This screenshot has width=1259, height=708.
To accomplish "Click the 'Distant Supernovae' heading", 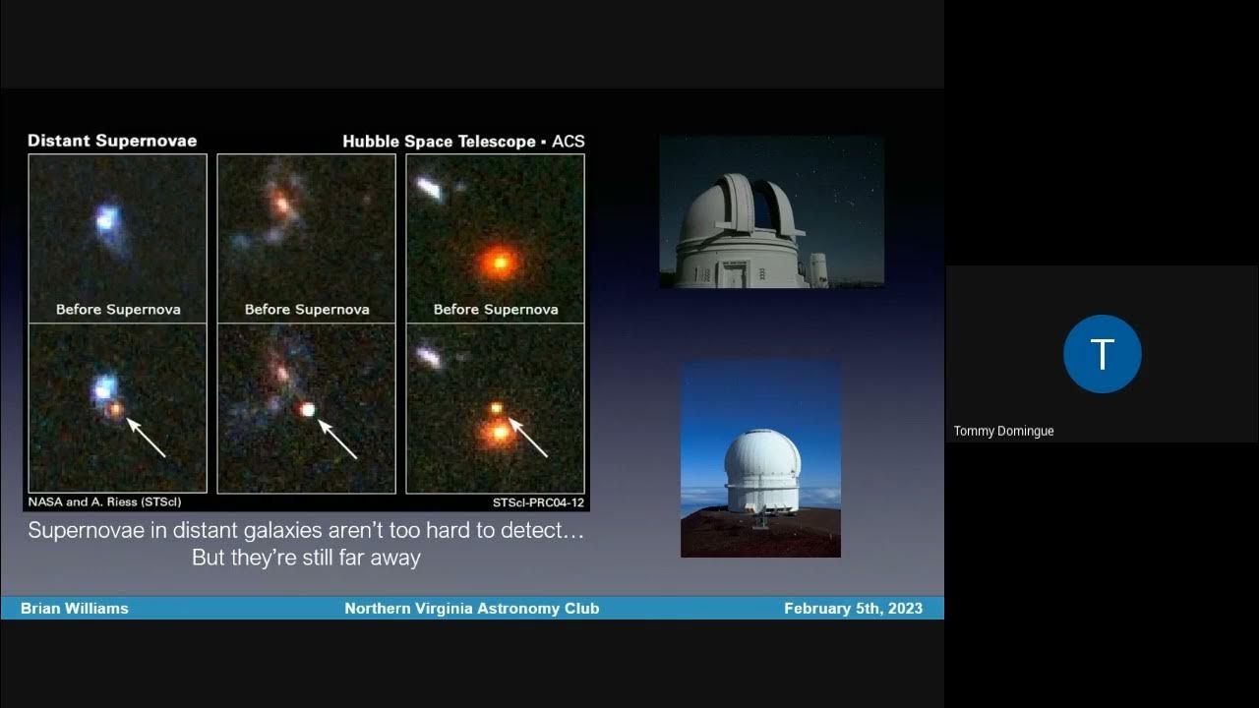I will pos(112,141).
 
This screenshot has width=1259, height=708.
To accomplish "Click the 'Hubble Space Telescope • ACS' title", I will pos(463,142).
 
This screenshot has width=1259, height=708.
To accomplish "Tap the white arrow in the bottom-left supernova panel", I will pos(146,438).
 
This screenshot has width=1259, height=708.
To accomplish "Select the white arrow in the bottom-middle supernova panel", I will pos(337,439).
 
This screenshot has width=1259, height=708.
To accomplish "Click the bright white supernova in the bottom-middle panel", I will pos(308,409).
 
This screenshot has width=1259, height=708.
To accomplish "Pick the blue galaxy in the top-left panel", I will pos(107,220).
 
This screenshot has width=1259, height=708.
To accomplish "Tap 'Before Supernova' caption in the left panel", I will pos(118,309).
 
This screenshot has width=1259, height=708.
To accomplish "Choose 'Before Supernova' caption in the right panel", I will pos(496,309).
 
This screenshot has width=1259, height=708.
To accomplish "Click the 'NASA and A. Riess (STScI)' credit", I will pos(104,502).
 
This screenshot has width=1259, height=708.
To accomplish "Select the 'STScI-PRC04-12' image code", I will pos(537,502).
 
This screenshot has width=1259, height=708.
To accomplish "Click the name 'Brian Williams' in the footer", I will pos(75,609).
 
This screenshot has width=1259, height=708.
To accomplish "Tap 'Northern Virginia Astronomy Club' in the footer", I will pos(471,609).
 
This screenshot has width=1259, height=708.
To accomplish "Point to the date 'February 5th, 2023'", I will pos(853,609).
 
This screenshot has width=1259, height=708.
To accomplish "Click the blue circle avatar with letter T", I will pos(1102,354).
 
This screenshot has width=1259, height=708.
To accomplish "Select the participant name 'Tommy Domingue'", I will pos(1003,431).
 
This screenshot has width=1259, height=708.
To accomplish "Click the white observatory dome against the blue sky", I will pos(761,467).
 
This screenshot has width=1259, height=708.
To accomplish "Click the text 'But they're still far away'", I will pos(306,558).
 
